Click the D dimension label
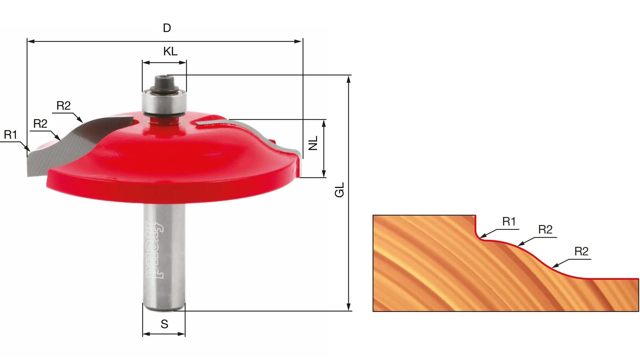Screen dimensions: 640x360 tap(167, 28)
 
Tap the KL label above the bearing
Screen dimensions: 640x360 tap(170, 51)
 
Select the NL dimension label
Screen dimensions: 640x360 tap(313, 143)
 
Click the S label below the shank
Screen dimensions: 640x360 tap(164, 324)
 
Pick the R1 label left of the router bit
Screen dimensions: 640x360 tap(10, 135)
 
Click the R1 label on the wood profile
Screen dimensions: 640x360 tap(509, 221)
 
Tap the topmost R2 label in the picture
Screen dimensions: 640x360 tap(63, 106)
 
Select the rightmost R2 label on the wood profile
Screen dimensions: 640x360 tap(581, 251)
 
